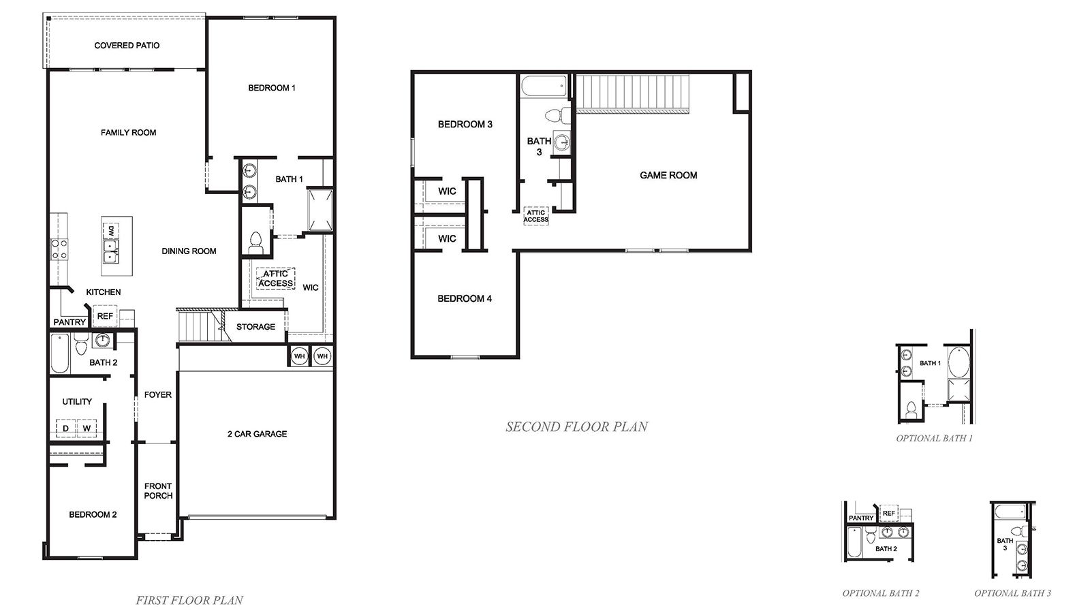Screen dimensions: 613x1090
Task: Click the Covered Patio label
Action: click(x=127, y=46)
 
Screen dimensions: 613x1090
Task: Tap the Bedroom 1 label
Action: click(x=271, y=88)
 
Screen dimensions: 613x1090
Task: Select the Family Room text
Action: click(x=128, y=133)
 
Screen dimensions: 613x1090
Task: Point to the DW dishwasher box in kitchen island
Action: click(x=110, y=232)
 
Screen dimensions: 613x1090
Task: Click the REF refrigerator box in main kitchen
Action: click(x=105, y=317)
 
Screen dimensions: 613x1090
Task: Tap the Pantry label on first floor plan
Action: click(x=69, y=322)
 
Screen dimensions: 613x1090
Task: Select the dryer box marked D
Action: click(x=65, y=428)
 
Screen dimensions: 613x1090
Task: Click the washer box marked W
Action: click(x=87, y=428)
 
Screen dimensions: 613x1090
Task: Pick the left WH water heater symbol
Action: click(x=299, y=356)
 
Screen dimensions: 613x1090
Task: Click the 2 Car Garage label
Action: click(x=257, y=434)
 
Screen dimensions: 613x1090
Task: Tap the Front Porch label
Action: click(x=158, y=491)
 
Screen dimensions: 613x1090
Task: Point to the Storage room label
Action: click(x=255, y=327)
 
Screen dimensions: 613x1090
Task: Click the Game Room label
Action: click(x=668, y=176)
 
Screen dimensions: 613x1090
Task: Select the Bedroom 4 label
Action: click(x=464, y=299)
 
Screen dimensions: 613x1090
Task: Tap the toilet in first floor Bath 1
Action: click(x=256, y=242)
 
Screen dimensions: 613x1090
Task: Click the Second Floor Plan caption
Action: click(x=576, y=427)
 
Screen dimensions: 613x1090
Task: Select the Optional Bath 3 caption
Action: click(x=1012, y=593)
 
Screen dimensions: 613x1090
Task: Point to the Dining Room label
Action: click(x=189, y=251)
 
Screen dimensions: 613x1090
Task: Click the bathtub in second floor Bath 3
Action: click(x=544, y=87)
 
